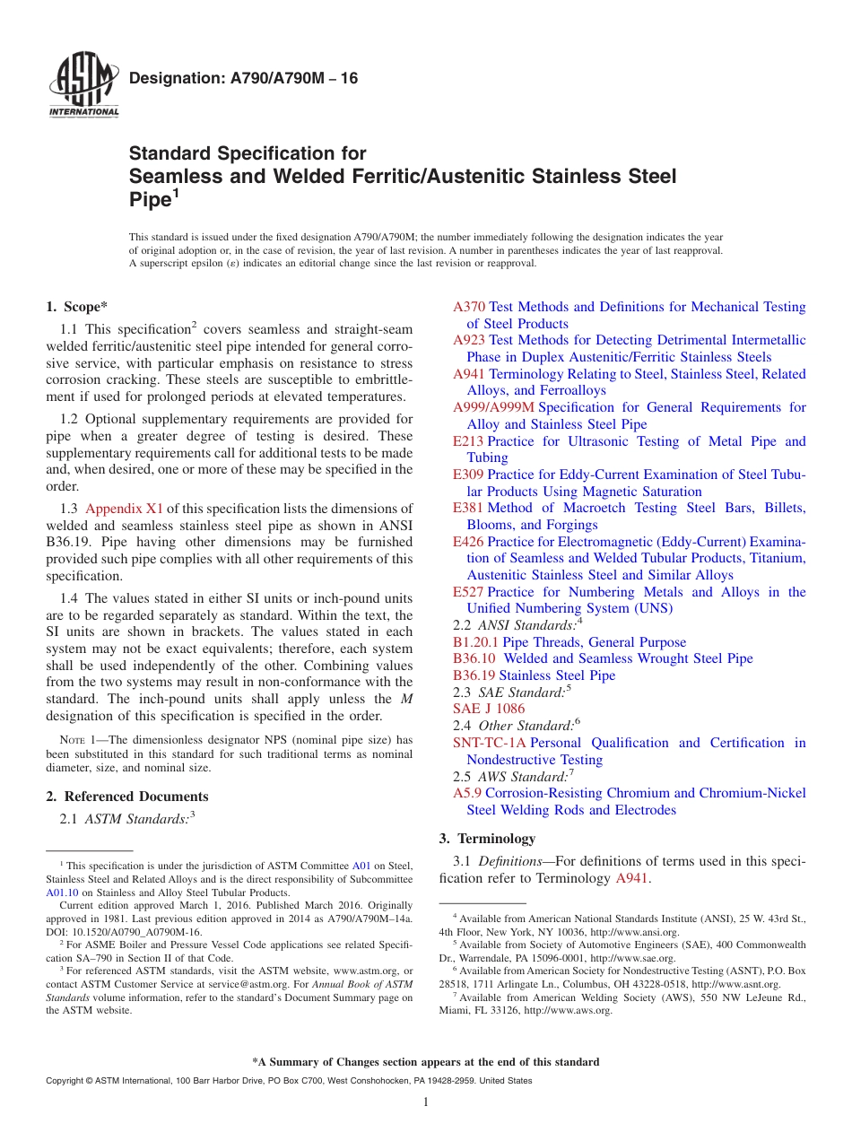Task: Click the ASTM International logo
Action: click(83, 86)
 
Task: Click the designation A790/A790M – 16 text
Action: click(243, 79)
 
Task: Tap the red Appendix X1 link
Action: click(126, 509)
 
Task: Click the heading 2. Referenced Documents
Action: click(126, 797)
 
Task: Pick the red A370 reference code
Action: click(469, 308)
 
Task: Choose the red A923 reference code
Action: click(469, 341)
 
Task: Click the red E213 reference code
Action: click(468, 441)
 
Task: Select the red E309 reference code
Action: click(468, 475)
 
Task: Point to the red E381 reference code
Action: click(468, 509)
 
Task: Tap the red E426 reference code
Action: click(468, 542)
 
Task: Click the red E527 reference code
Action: click(468, 592)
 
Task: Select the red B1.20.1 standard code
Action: click(475, 642)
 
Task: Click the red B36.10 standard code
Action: click(476, 659)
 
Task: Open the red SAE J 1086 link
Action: click(489, 710)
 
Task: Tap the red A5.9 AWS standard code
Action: click(467, 793)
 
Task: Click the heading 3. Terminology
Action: click(487, 839)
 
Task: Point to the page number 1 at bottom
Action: click(426, 1102)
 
